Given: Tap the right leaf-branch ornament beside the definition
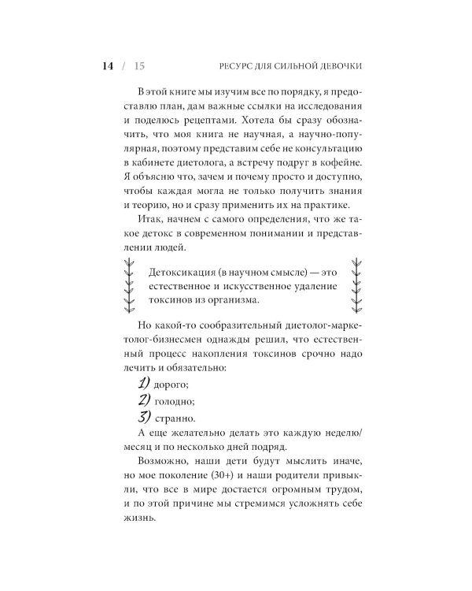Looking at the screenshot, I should pyautogui.click(x=355, y=287).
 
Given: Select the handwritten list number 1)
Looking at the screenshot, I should pyautogui.click(x=146, y=382).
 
